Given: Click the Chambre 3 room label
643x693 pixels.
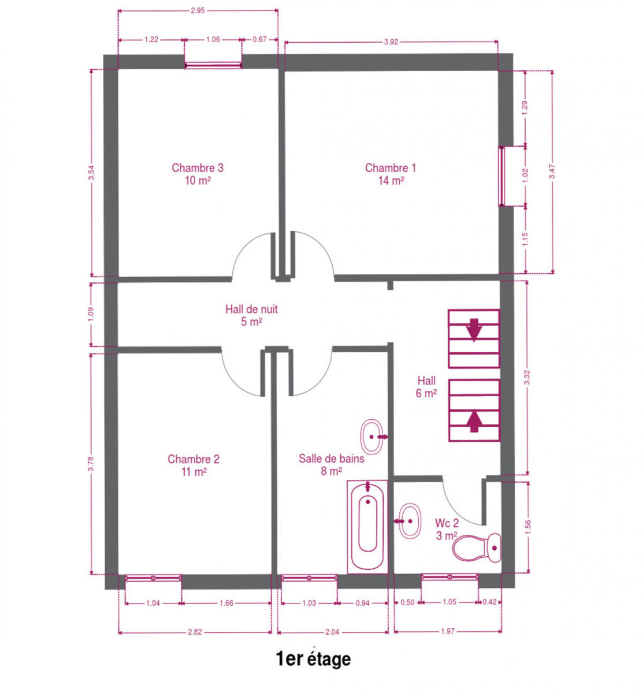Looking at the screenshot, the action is coord(197,174).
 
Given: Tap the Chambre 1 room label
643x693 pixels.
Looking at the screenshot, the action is coord(391,174).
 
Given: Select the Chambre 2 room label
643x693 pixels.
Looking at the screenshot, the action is coord(194,465).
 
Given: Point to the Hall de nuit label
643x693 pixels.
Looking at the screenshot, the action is coord(251,315).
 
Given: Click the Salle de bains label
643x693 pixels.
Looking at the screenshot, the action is coord(331,464).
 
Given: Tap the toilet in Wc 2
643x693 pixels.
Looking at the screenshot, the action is coord(477,547).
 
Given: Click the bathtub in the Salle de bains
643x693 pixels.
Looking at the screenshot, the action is coord(367,527).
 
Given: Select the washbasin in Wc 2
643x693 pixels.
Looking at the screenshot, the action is coord(409,521).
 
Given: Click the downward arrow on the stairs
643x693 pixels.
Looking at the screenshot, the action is coord(474,329).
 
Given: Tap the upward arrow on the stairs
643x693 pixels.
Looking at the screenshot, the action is coord(474,420).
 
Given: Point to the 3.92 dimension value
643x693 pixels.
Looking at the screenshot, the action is coord(391,42).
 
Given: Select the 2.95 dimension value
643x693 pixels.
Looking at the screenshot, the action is coord(198,10).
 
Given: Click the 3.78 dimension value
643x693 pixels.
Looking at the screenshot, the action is coord(91,464).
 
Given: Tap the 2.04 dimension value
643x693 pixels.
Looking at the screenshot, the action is coord(332,632).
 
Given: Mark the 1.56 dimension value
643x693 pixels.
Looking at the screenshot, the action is coord(527,527).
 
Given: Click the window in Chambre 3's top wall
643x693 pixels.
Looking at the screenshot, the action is coord(213,65).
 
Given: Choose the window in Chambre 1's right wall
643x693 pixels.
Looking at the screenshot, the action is coord(502,176).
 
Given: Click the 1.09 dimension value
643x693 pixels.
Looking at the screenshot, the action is coord(91,314).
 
